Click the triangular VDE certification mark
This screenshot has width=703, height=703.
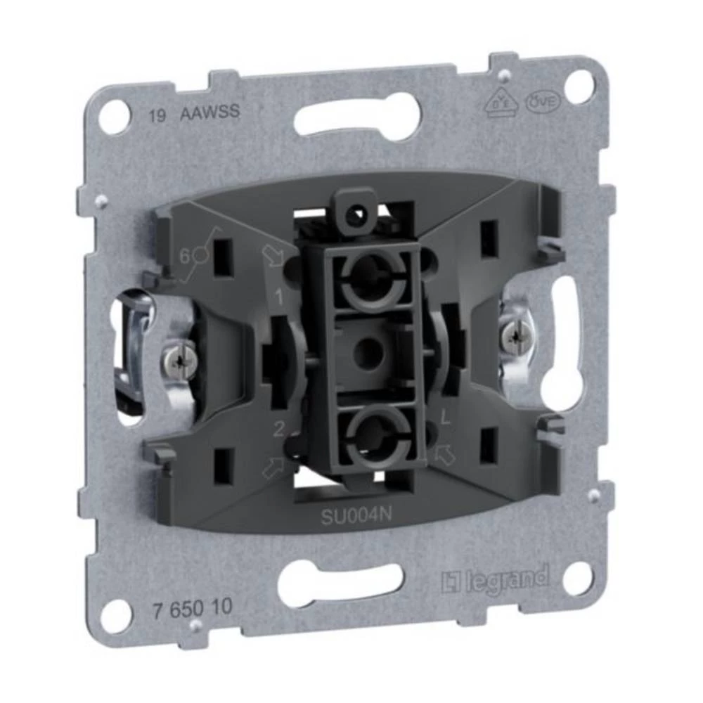click(x=497, y=105)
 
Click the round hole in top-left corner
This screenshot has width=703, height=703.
click(x=114, y=117)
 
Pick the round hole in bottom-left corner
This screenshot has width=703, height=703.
click(x=115, y=616)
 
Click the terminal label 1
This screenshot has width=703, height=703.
click(x=279, y=297)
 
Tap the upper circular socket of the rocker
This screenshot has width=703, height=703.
click(x=370, y=279)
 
